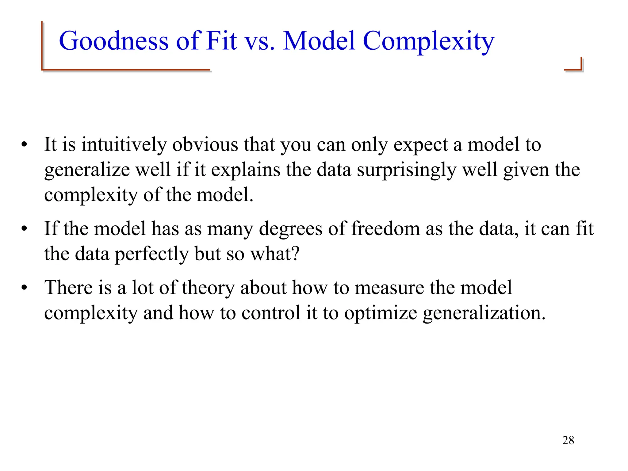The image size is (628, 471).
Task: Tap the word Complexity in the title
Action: [x=428, y=41]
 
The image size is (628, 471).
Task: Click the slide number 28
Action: [x=568, y=440]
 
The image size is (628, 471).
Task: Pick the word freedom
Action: [x=385, y=229]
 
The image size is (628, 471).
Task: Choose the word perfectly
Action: [x=152, y=254]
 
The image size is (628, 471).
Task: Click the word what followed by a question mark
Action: [x=274, y=254]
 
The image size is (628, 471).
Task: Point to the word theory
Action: [x=208, y=288]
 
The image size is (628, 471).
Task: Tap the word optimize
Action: [x=380, y=314]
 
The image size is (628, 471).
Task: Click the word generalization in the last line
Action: [x=484, y=314]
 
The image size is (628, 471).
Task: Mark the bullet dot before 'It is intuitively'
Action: [x=24, y=145]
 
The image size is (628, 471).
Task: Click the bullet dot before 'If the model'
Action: [x=24, y=229]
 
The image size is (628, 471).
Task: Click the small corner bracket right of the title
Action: [x=574, y=65]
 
